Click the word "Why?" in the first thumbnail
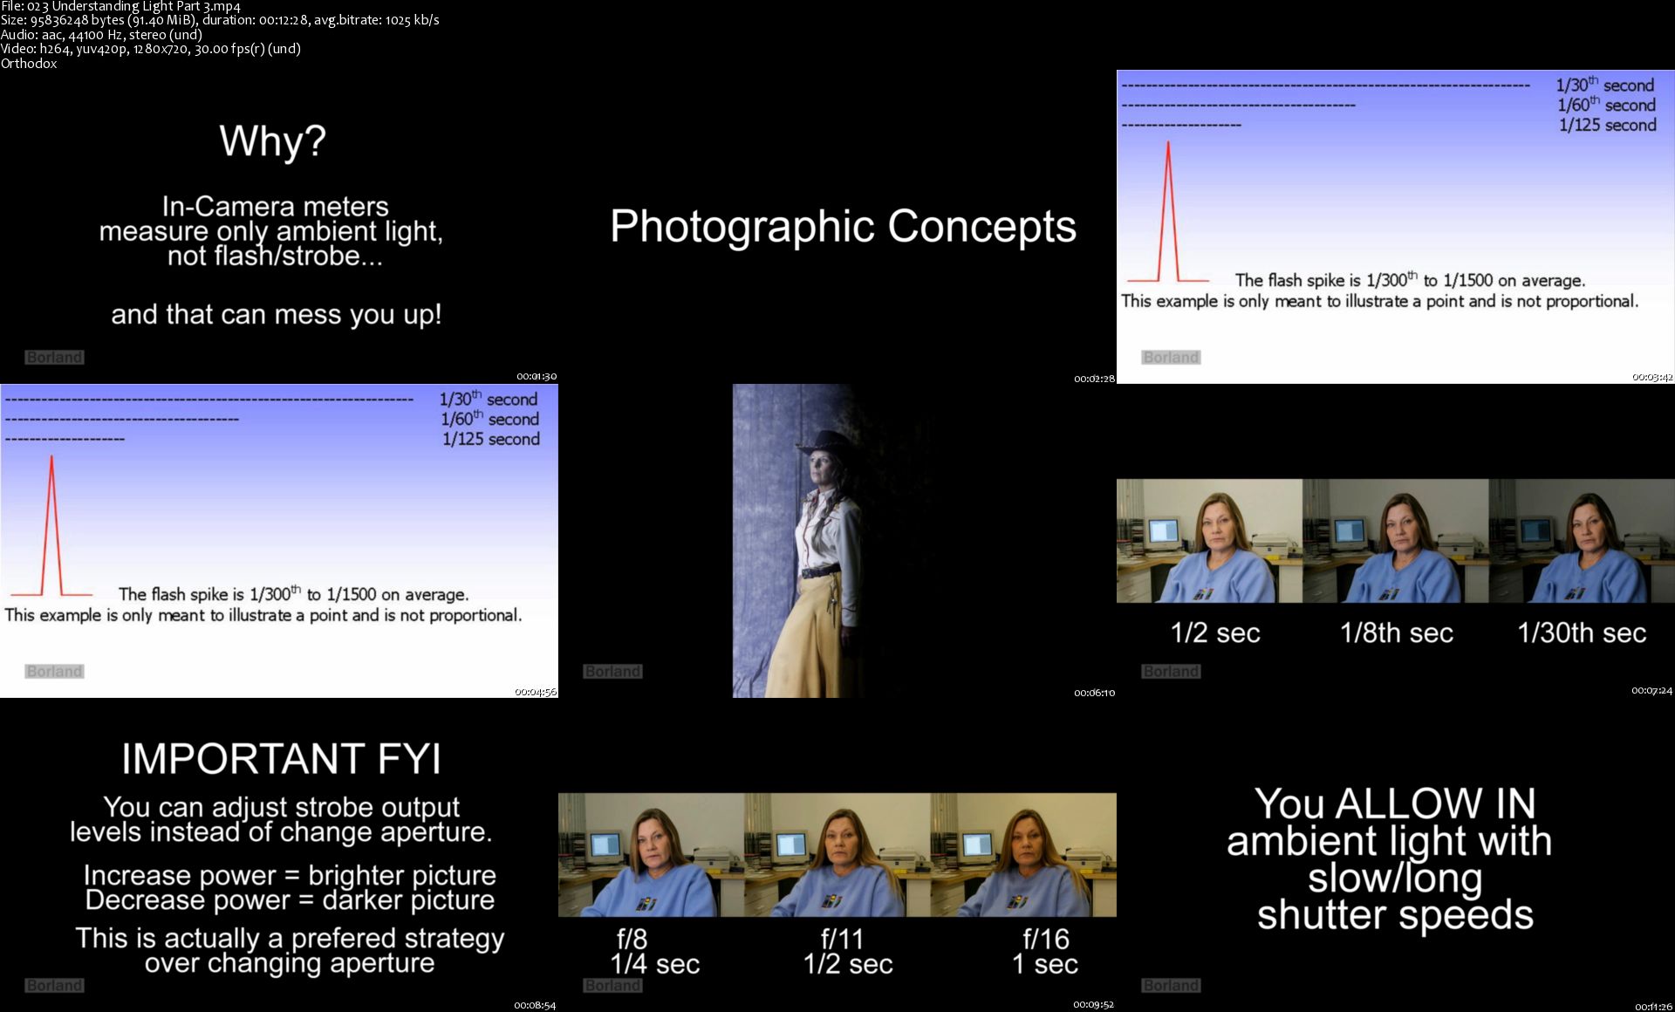point(272,141)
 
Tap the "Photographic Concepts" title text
point(843,227)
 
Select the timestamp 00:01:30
point(537,377)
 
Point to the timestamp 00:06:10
point(1094,693)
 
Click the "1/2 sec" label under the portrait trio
point(1215,632)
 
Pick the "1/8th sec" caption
point(1397,632)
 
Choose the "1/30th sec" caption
point(1582,632)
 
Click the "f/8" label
point(632,939)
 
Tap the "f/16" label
point(1046,939)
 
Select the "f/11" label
point(842,939)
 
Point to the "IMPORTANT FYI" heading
point(281,759)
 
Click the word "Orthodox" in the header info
point(29,64)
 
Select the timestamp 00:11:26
point(1652,1006)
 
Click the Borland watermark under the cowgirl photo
point(612,671)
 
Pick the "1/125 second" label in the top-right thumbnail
point(1607,125)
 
